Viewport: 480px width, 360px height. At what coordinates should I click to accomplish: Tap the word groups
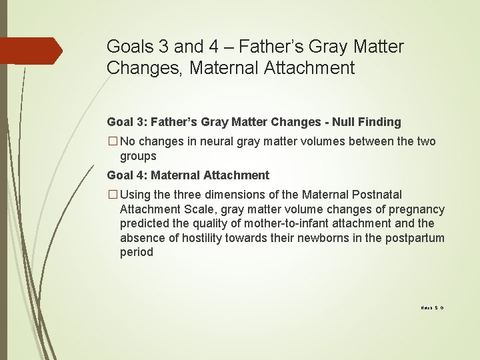[x=138, y=156]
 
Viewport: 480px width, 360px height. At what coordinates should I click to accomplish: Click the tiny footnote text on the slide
[x=432, y=308]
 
